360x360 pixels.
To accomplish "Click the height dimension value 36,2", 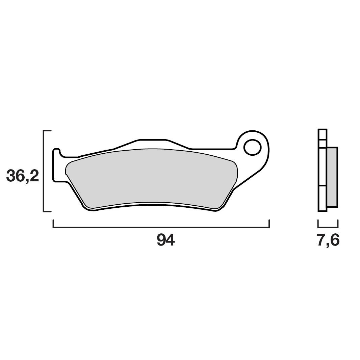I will pos(23,176).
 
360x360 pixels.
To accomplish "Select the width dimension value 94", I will pos(165,240).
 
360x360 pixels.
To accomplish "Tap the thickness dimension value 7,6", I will pos(328,240).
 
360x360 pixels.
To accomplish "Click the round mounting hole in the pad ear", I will pos(252,147).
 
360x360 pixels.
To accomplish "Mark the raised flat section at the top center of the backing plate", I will pos(153,139).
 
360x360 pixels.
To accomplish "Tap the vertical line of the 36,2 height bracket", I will pos(44,171).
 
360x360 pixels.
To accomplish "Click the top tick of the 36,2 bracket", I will pos(47,130).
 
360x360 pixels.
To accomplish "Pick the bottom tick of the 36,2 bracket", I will pos(47,212).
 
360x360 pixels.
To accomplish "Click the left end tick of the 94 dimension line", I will pos(53,224).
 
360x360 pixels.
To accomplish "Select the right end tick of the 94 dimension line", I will pos(269,224).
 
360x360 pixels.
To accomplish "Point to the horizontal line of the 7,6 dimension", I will pos(328,227).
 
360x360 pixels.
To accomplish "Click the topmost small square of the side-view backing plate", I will pos(323,134).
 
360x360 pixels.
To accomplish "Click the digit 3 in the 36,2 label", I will pos(12,176).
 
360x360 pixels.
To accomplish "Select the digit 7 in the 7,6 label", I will pos(322,240).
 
